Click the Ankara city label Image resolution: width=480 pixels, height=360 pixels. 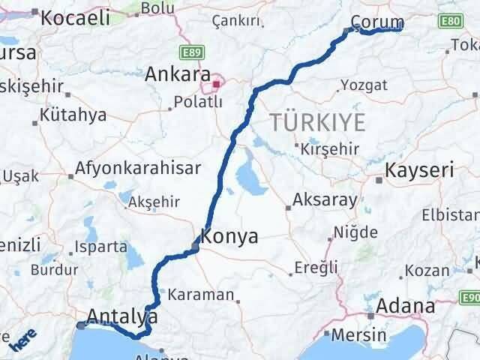point(177,75)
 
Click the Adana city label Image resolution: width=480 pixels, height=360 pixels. point(406,306)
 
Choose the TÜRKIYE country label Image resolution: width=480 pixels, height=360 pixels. point(317,121)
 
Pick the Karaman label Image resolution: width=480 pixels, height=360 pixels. point(201,294)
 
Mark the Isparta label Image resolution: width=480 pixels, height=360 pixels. point(100,246)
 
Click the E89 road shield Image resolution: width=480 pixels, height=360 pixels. point(192,52)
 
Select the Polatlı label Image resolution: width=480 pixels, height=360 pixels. point(197,100)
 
